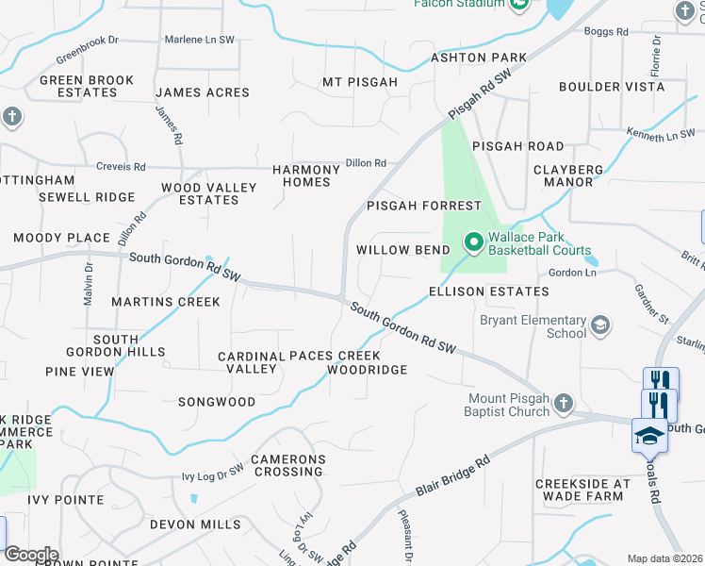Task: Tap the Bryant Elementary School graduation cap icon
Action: click(x=598, y=326)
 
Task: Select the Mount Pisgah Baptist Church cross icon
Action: click(x=563, y=405)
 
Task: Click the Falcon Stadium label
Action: click(x=459, y=4)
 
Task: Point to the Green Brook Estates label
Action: click(x=87, y=86)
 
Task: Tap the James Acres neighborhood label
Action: click(x=203, y=92)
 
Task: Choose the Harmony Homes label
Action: click(x=306, y=175)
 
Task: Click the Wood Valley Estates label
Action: click(x=209, y=193)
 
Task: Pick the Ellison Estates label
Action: click(x=488, y=291)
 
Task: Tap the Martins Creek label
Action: click(x=166, y=302)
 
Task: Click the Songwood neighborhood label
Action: click(x=217, y=402)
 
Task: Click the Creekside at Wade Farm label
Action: click(x=582, y=490)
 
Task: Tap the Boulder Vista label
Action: click(x=612, y=87)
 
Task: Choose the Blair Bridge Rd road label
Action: click(x=453, y=478)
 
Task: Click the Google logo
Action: click(x=31, y=555)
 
